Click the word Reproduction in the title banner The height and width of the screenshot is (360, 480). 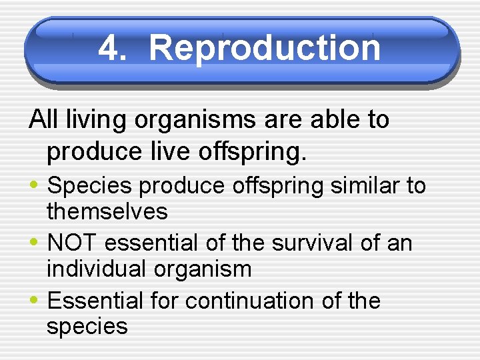coord(265,48)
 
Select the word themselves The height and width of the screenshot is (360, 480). coord(107,212)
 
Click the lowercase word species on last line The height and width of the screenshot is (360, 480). coord(87,327)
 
